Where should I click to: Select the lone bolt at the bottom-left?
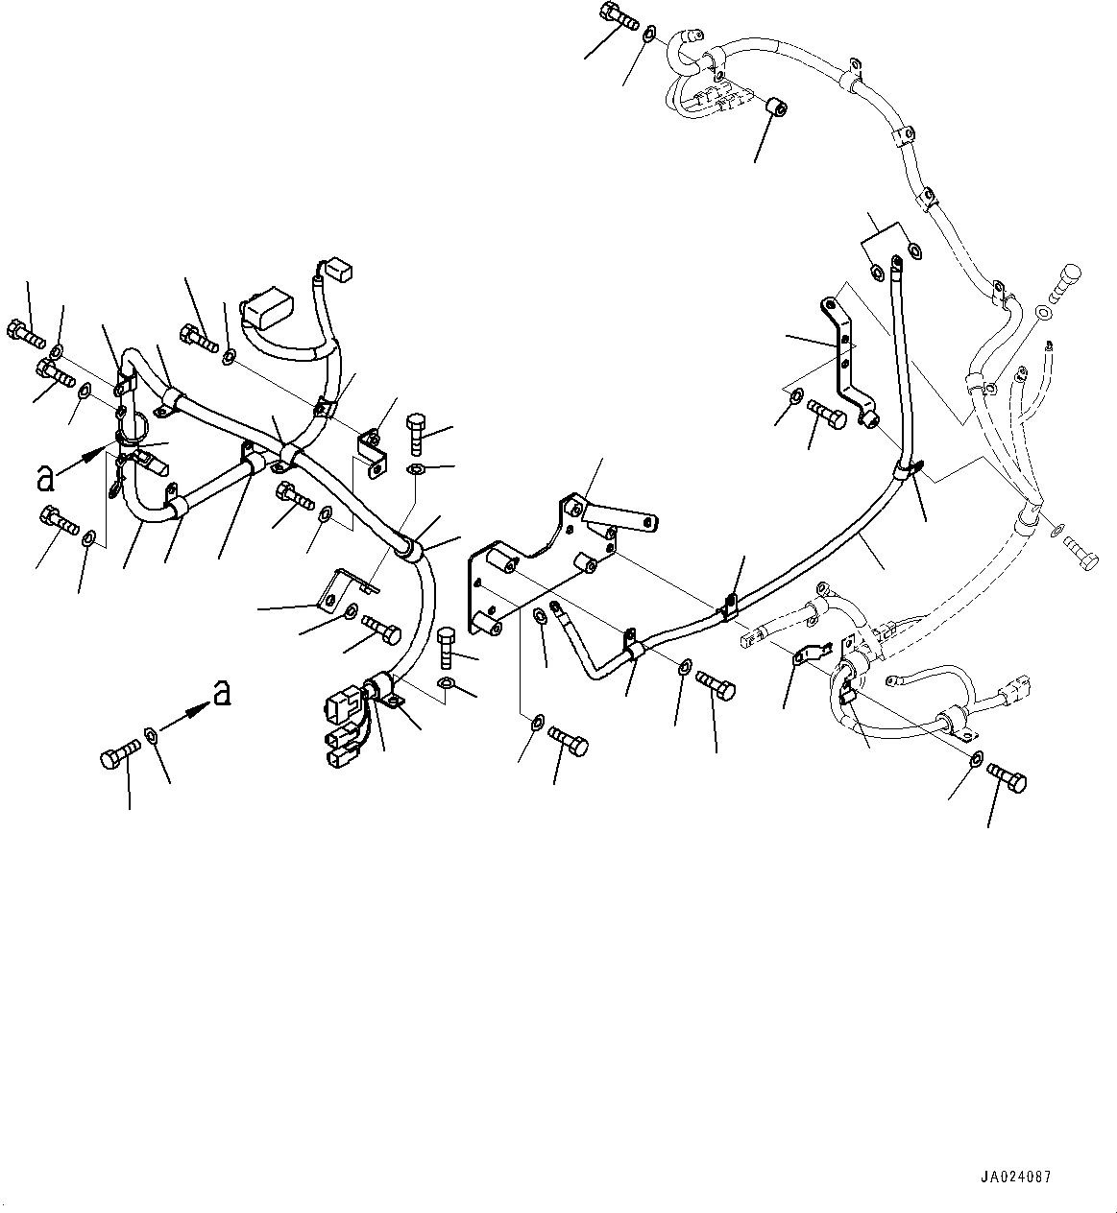click(x=113, y=759)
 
